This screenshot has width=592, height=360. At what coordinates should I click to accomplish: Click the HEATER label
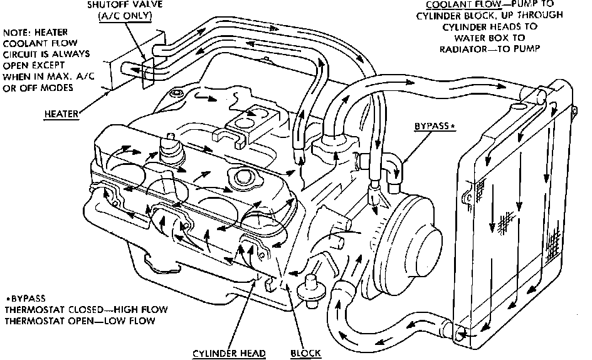61,114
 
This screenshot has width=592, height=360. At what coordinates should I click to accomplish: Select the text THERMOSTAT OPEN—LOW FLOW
71,321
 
